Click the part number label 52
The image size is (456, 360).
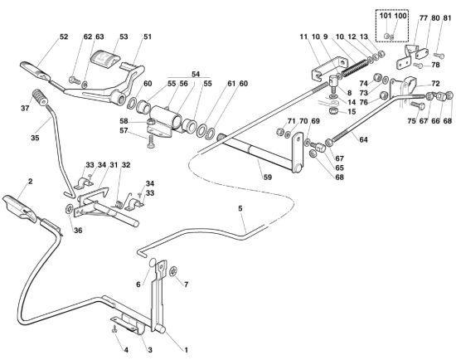[x=64, y=36]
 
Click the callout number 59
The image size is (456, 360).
[x=267, y=177]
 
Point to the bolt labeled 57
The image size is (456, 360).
[x=151, y=142]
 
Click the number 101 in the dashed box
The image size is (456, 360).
[x=386, y=16]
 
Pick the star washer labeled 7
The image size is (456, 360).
[x=173, y=271]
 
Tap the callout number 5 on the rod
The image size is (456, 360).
[x=240, y=208]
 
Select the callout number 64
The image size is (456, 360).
[x=363, y=139]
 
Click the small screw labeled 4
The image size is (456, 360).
[x=114, y=329]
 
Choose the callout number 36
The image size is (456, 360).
[x=78, y=231]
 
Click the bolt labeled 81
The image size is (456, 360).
[x=439, y=56]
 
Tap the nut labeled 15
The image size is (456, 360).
[x=332, y=111]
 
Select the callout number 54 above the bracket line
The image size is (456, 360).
[x=196, y=74]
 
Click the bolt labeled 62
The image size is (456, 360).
[x=74, y=80]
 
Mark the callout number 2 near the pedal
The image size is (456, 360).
[x=30, y=181]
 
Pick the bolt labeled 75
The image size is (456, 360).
[x=418, y=105]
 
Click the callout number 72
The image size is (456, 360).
[x=435, y=84]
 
